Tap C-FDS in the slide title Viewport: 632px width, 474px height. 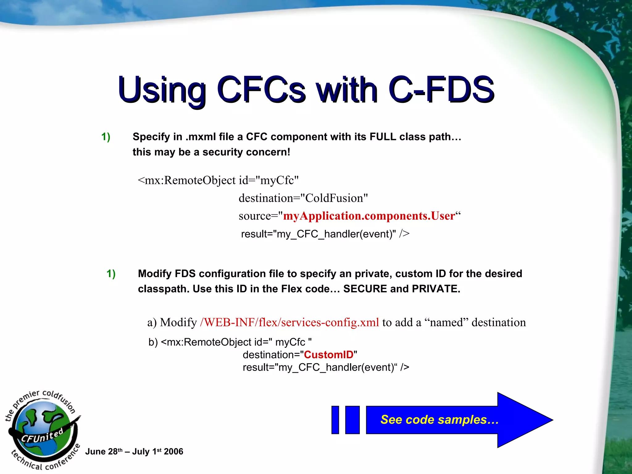coord(441,90)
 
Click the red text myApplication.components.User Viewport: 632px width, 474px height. coord(369,216)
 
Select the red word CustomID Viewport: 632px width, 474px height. coord(328,355)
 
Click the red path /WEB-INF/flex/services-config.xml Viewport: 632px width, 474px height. coord(289,322)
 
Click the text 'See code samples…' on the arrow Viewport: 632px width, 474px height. coord(439,420)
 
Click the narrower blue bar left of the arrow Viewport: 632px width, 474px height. coord(335,420)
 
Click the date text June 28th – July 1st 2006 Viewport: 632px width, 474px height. coord(134,452)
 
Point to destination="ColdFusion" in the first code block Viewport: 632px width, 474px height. coord(303,198)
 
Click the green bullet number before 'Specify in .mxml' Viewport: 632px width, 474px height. coord(106,137)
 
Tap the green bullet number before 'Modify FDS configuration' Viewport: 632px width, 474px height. coord(111,274)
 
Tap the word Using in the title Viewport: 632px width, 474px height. coord(162,90)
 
